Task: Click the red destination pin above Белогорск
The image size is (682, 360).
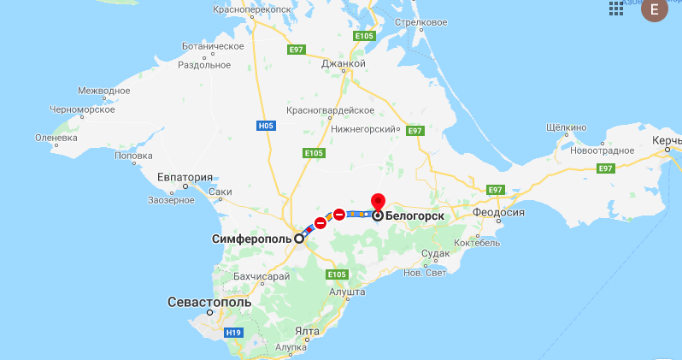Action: pos(377,203)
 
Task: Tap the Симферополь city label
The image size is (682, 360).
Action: pos(251,239)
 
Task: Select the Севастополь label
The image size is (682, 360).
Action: pos(209,303)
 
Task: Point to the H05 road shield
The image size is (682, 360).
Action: pos(266,126)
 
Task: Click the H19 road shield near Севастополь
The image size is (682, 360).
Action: pos(232,331)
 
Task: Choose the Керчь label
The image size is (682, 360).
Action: pos(666,139)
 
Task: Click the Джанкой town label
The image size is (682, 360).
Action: pos(344,64)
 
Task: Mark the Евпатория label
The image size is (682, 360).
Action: pos(184,177)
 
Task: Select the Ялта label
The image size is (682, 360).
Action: pos(306,331)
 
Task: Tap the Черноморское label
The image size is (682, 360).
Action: pos(82,109)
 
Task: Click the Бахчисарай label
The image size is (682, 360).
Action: pos(262,276)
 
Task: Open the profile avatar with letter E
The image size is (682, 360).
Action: pos(656,10)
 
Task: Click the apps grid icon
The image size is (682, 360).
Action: pos(615,9)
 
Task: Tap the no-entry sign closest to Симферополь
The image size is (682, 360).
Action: pos(320,223)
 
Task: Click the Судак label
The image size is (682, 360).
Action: pos(435,254)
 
